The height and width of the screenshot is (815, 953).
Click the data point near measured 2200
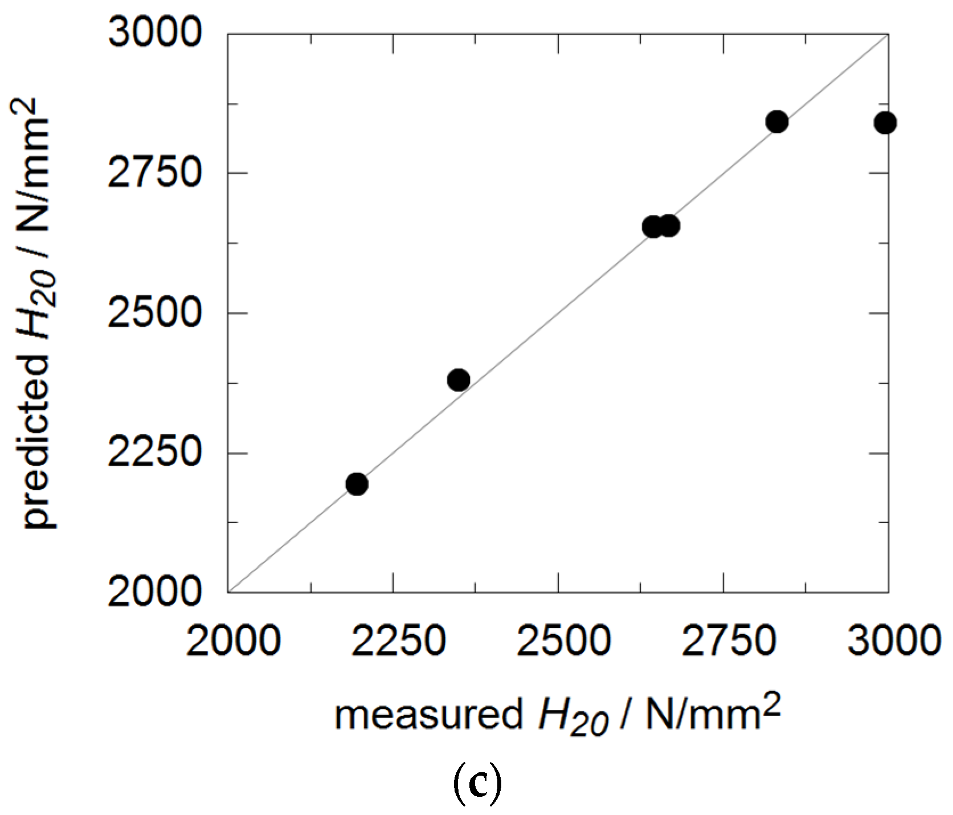click(x=357, y=484)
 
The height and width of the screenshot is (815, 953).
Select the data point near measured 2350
click(x=459, y=380)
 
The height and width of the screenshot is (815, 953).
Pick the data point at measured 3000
click(x=885, y=123)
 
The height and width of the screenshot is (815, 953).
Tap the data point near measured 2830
click(x=777, y=121)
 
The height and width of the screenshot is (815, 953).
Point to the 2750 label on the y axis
click(x=154, y=172)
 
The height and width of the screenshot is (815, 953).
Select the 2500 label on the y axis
click(x=154, y=312)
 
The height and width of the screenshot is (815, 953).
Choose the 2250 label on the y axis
click(x=154, y=453)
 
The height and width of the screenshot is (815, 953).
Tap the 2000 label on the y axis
click(x=154, y=592)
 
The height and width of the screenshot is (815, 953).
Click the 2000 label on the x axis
click(x=233, y=641)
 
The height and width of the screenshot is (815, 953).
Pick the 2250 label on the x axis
click(x=398, y=641)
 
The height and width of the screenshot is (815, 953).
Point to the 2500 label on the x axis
click(x=563, y=641)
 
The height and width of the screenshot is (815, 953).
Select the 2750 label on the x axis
click(x=729, y=641)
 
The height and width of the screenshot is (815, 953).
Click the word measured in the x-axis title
click(x=428, y=715)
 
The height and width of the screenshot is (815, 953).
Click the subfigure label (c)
click(x=477, y=783)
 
